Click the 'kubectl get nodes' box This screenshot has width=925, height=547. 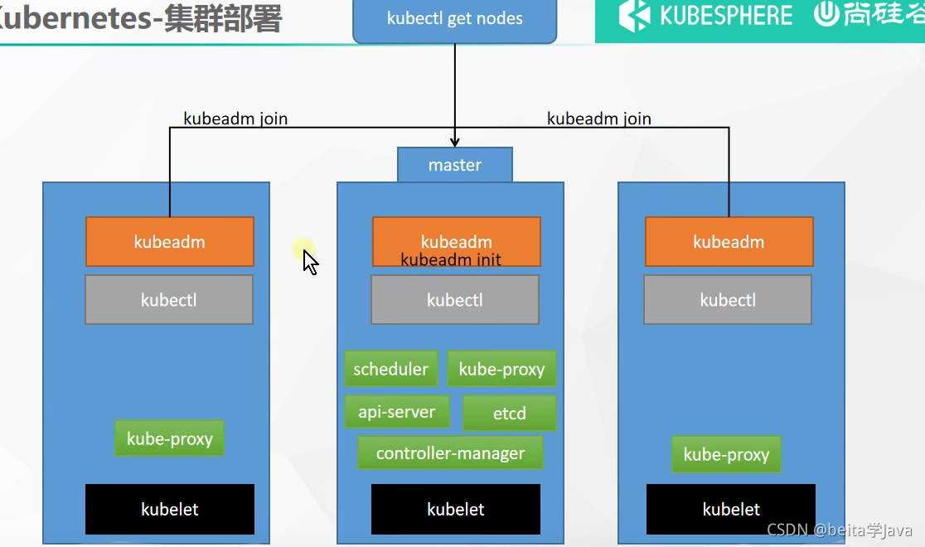click(x=455, y=19)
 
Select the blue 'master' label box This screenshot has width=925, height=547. click(x=455, y=165)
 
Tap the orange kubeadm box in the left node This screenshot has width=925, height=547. click(x=170, y=242)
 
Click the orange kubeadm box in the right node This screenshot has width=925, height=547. click(x=729, y=242)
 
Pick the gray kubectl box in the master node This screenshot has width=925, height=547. click(x=455, y=300)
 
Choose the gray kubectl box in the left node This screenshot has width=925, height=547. click(x=169, y=300)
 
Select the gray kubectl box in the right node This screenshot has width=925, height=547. click(x=728, y=300)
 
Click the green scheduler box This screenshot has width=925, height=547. click(x=390, y=370)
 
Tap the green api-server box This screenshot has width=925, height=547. click(x=396, y=412)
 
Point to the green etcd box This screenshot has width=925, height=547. click(x=509, y=414)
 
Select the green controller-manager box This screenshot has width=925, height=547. click(x=450, y=453)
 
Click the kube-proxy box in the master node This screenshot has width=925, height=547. click(x=501, y=370)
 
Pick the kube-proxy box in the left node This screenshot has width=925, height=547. click(x=169, y=439)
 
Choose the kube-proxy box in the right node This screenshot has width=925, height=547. click(x=726, y=455)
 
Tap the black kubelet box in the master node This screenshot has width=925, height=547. click(x=456, y=509)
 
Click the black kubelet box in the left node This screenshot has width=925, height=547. click(x=170, y=509)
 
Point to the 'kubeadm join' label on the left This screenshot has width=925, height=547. click(x=235, y=119)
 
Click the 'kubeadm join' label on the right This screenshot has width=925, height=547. click(x=599, y=119)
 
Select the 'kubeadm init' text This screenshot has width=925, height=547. click(x=451, y=259)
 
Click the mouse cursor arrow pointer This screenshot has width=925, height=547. click(x=310, y=262)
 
